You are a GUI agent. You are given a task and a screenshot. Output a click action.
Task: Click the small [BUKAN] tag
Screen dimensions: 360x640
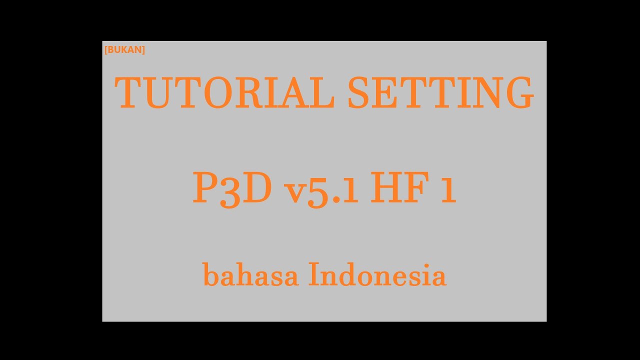[x=124, y=49]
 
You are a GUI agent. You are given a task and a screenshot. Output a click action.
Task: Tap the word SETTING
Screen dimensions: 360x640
[x=440, y=93]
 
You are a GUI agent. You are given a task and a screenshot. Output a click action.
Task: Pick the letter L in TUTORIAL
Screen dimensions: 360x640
[x=321, y=93]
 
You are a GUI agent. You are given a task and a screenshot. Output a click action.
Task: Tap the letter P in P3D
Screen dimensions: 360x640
[x=204, y=187]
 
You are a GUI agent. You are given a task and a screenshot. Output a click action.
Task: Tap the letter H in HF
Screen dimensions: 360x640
[x=387, y=187]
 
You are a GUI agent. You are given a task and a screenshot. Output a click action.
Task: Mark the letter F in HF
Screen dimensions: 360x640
[x=419, y=187]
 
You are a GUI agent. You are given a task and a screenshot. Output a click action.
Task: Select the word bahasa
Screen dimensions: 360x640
[x=250, y=275]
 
